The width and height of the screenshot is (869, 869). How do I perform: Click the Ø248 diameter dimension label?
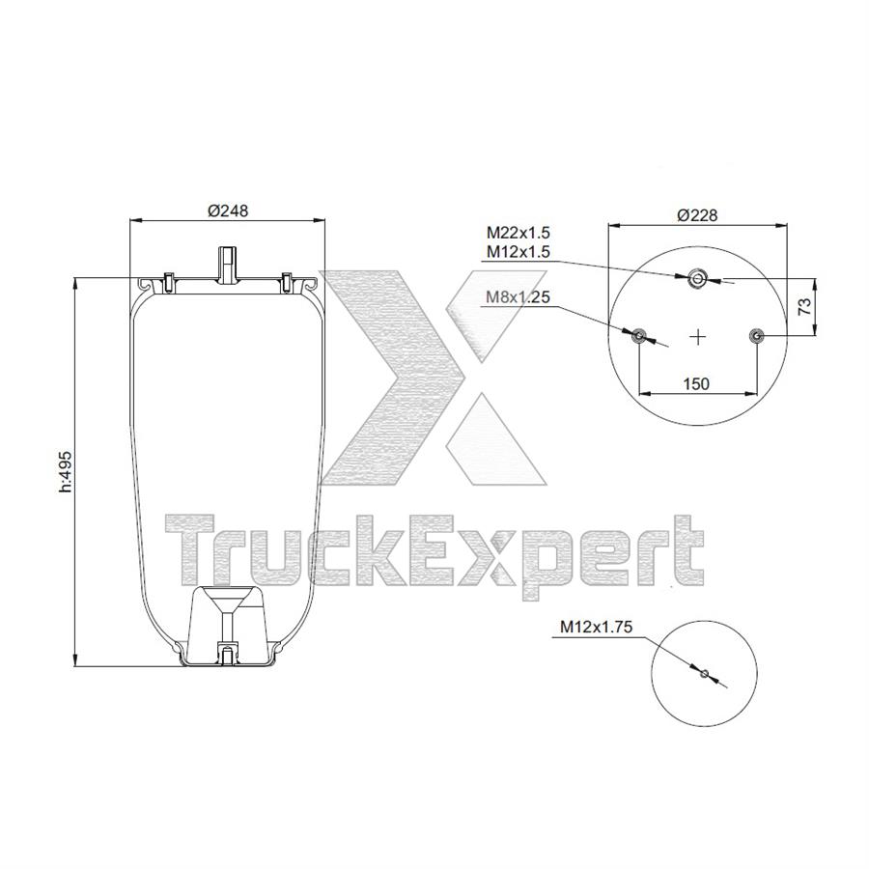[228, 212]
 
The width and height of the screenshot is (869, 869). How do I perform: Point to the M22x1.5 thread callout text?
[517, 233]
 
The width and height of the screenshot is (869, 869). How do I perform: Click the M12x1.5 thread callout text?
[517, 252]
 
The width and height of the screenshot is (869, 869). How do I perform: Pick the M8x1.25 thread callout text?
[517, 297]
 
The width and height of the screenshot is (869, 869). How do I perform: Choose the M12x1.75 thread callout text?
[596, 627]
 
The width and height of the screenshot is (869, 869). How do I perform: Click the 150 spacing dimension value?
[696, 383]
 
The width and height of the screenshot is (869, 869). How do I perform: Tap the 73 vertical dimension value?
[802, 307]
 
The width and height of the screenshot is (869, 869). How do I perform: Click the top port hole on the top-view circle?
[697, 280]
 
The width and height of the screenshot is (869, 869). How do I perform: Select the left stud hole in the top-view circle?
[638, 336]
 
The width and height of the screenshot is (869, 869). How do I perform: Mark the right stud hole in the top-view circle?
[756, 336]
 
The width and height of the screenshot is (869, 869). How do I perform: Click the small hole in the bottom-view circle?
[705, 673]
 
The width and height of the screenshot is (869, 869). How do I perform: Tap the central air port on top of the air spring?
[227, 264]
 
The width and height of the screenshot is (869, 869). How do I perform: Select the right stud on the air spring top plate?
[287, 282]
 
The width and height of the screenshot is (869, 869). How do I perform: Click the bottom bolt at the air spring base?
[228, 657]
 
